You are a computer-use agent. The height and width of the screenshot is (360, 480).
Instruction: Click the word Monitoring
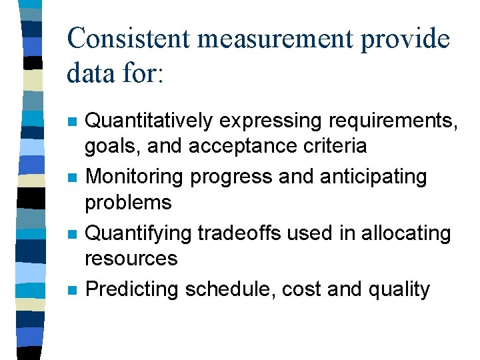click(x=135, y=177)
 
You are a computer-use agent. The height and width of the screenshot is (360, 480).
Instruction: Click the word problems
click(x=129, y=202)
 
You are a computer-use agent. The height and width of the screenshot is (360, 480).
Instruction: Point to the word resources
click(x=132, y=258)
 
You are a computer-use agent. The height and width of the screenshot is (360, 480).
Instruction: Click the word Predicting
click(x=133, y=289)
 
